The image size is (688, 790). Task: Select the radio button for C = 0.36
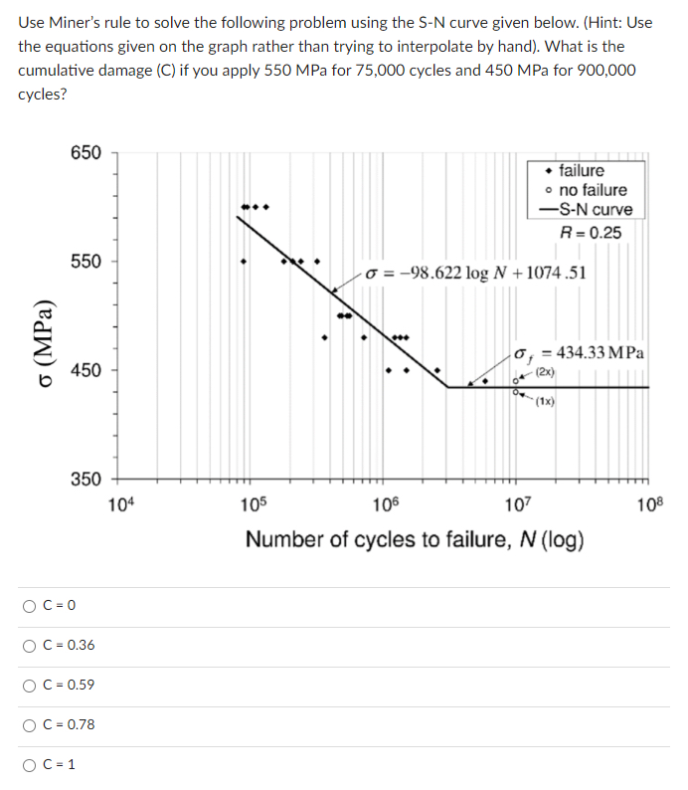[31, 645]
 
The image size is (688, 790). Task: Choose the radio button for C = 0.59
[31, 685]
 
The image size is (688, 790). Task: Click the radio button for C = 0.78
[31, 724]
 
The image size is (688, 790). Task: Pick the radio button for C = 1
[31, 764]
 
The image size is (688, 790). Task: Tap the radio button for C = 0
[31, 605]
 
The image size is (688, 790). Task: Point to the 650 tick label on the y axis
[86, 152]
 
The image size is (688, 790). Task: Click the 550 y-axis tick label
[86, 261]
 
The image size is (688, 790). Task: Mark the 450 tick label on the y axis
[86, 370]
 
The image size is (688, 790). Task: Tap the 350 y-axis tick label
[86, 479]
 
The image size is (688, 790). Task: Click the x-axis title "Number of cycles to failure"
[415, 540]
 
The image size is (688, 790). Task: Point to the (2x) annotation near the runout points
[546, 372]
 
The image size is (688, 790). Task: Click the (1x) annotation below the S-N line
[546, 402]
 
